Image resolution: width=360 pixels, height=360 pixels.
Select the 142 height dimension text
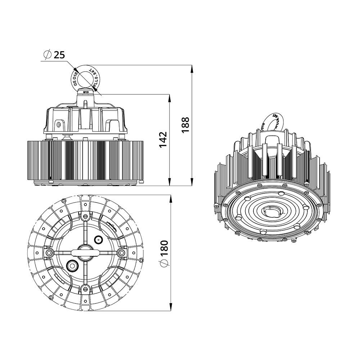(x=163, y=140)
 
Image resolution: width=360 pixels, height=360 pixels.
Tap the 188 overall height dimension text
(x=185, y=125)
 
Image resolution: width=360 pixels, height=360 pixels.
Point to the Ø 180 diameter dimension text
(x=164, y=254)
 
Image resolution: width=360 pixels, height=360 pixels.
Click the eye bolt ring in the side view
(x=85, y=77)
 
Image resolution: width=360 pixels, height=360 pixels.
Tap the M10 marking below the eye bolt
(x=85, y=93)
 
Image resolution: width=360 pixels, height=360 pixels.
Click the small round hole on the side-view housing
(x=58, y=125)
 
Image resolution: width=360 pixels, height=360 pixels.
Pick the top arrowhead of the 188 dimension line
(x=192, y=68)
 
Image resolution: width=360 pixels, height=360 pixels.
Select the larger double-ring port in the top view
(x=72, y=266)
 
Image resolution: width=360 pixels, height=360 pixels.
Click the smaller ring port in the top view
(x=98, y=239)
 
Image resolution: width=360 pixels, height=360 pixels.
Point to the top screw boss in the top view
(x=85, y=217)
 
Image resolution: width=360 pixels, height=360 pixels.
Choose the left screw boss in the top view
(x=49, y=253)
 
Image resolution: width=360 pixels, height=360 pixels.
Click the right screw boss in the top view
(x=122, y=253)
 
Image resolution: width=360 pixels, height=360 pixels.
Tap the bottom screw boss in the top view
(x=85, y=288)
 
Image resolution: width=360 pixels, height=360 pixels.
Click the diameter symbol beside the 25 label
(x=46, y=55)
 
